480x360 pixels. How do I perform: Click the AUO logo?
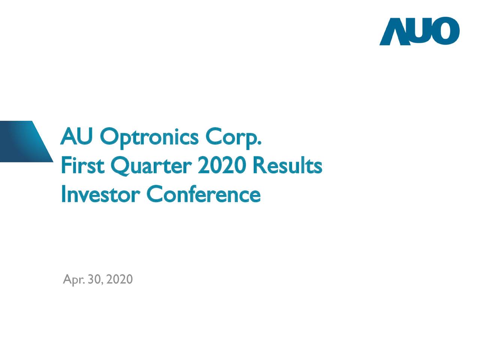pos(419,31)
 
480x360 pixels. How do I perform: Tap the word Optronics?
pos(149,138)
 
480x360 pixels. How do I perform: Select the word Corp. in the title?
pos(232,138)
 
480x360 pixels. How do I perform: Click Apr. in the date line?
pos(73,280)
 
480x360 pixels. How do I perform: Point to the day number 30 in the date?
pos(94,279)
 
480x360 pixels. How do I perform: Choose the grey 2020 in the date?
pos(119,279)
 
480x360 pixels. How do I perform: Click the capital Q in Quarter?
pos(120,166)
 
